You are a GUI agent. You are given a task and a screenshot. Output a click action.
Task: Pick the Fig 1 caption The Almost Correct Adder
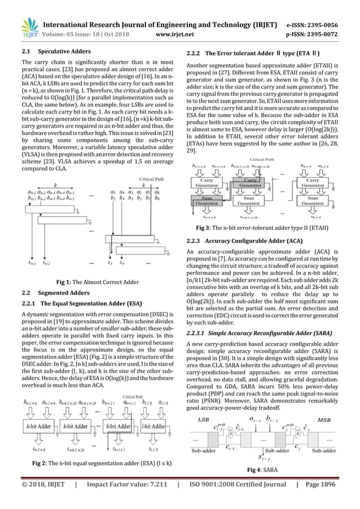click(98, 282)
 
